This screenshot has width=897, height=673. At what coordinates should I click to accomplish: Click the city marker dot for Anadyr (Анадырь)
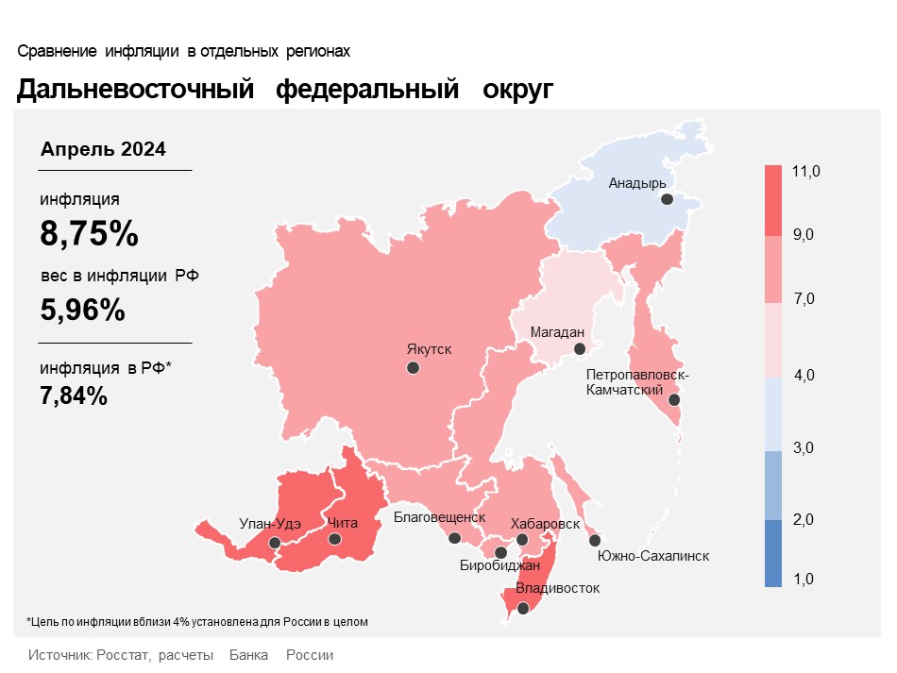[667, 199]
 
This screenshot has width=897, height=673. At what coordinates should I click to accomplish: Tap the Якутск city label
[429, 349]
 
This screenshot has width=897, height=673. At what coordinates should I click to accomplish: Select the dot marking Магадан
[581, 349]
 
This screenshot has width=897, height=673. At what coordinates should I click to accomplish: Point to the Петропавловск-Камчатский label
[637, 382]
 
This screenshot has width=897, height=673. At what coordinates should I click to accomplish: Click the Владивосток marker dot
[524, 609]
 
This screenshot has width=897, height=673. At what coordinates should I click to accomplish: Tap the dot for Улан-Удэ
[274, 543]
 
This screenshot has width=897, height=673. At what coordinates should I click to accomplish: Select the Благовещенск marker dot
[454, 538]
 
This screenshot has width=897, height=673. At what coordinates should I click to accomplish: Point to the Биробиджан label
[499, 566]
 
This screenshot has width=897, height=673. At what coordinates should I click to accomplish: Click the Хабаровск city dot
[522, 540]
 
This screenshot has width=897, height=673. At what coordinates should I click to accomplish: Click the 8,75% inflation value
[89, 233]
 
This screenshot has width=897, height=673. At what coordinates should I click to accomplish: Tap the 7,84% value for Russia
[74, 395]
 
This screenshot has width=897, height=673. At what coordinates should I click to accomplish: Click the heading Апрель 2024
[103, 149]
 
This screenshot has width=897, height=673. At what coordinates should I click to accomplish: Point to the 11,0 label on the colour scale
[807, 171]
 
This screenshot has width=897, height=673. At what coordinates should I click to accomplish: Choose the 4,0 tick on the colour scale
[804, 376]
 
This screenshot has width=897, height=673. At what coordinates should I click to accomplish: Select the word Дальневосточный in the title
[136, 90]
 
